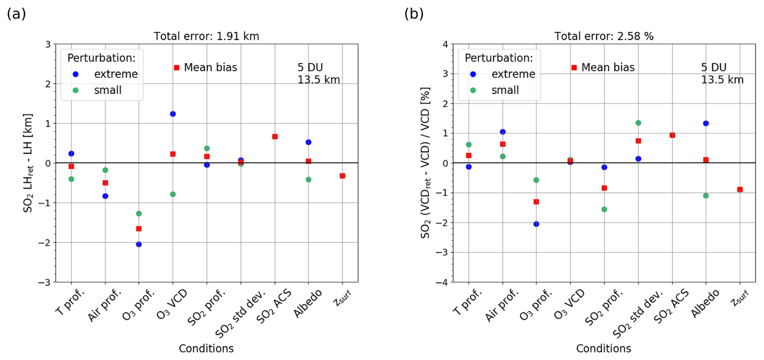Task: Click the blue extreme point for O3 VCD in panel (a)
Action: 173,114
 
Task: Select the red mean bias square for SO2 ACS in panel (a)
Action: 275,136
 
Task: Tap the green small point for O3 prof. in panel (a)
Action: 139,213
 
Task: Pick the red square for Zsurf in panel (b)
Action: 740,189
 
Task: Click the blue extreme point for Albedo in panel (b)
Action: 706,123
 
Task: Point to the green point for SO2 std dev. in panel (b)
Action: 638,123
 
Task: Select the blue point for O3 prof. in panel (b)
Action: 536,224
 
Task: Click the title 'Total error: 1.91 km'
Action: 206,36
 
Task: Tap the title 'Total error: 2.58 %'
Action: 604,36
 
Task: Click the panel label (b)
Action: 414,14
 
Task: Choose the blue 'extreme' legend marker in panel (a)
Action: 76,74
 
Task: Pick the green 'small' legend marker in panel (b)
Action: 473,90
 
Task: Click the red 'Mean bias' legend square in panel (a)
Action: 176,67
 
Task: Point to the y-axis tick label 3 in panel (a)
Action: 48,44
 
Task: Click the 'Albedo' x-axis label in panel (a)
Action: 308,303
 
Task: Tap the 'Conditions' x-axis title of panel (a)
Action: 206,348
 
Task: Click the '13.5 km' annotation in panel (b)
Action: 722,80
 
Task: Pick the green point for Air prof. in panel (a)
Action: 105,170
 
